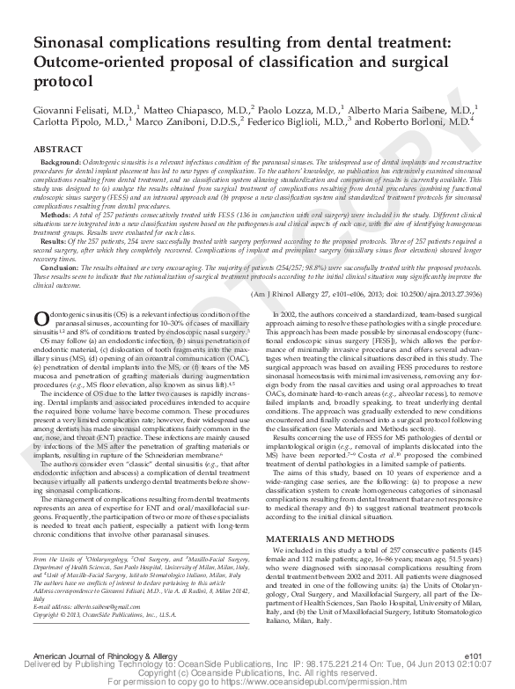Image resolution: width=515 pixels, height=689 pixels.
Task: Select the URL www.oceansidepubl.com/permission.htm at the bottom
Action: coord(320,682)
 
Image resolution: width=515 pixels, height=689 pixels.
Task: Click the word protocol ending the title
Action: coord(64,81)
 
